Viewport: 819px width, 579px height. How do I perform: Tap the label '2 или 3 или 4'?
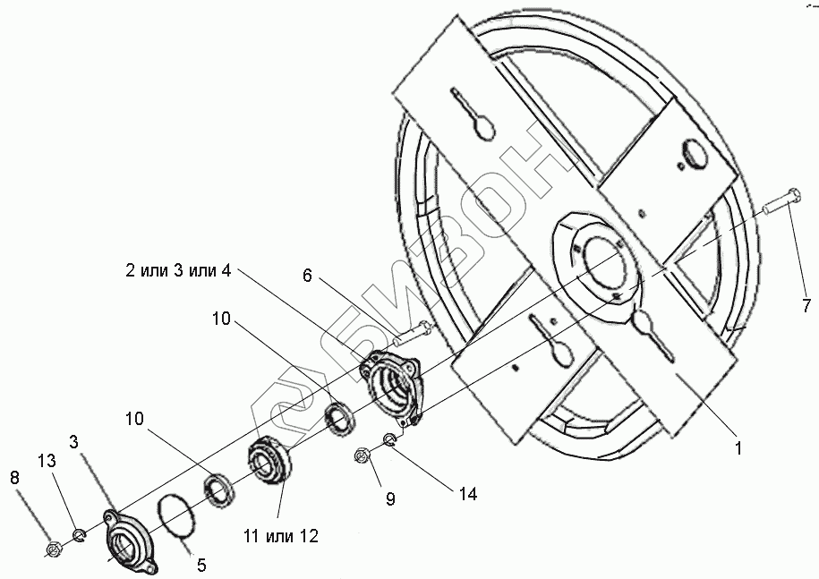pos(178,271)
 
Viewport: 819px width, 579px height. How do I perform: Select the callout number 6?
pos(307,277)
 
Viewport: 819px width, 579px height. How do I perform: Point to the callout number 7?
pos(806,306)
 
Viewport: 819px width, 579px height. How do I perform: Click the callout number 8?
pos(13,478)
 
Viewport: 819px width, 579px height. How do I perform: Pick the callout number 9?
pos(390,498)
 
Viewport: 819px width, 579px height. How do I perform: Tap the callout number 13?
pos(47,460)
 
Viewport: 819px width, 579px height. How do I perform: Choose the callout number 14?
pos(468,493)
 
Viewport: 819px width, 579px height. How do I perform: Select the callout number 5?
pos(201,565)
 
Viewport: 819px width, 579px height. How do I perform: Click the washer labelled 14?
pos(389,439)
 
